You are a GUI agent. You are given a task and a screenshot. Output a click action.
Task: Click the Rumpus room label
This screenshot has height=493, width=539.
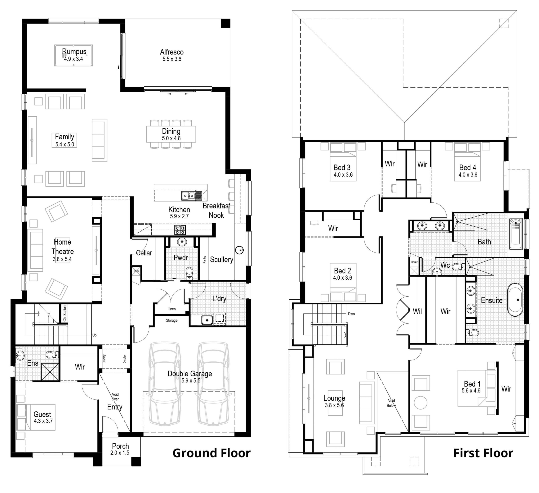[74, 51]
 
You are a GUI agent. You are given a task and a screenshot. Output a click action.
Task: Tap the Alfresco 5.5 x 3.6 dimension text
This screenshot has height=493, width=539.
[172, 59]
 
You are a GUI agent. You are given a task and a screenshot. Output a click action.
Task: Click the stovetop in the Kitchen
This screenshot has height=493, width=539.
[180, 230]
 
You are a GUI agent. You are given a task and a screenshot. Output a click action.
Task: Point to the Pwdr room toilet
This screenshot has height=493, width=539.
[189, 272]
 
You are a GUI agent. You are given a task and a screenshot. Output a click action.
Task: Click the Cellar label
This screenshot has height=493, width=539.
[144, 253]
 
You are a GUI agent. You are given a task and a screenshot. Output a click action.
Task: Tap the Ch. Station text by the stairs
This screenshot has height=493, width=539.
[64, 314]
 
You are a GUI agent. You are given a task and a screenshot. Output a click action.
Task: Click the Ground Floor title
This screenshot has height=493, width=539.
[211, 453]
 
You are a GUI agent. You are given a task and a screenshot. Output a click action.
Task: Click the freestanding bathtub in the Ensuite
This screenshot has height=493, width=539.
[515, 300]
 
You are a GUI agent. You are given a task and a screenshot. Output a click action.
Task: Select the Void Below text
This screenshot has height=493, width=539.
[391, 403]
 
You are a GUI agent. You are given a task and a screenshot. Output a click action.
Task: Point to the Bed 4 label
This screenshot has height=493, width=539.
[468, 167]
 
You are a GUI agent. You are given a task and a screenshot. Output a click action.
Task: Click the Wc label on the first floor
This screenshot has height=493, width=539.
[445, 265]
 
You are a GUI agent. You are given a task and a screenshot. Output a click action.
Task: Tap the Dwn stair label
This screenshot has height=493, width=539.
[351, 314]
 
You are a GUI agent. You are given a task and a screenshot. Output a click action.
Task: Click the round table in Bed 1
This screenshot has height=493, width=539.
[420, 403]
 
